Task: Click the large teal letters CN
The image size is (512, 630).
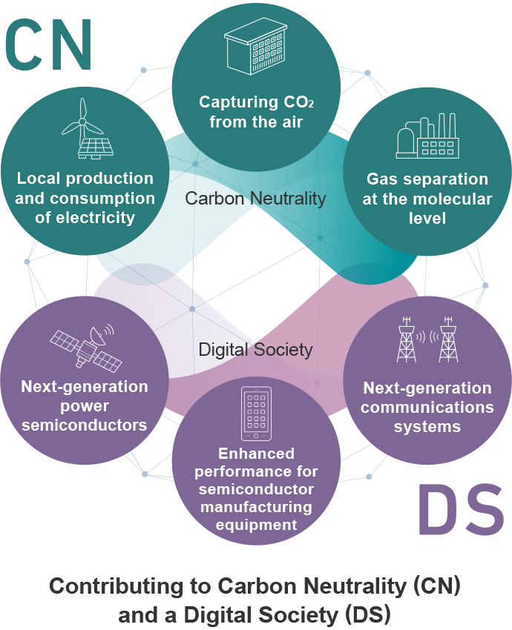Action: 49,44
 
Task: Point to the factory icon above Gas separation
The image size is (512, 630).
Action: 427,137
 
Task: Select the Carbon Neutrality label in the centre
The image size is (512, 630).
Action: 255,198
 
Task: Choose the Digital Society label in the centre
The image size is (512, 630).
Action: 255,349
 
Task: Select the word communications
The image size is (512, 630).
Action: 427,408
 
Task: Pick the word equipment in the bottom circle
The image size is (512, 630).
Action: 256,525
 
